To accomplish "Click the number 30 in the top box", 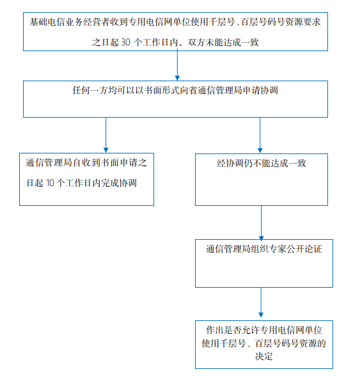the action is click(125, 42).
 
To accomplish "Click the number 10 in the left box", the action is click(50, 183).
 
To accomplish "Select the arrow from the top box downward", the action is click(178, 65).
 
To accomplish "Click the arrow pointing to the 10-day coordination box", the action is click(106, 135).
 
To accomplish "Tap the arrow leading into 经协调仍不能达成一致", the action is click(260, 135).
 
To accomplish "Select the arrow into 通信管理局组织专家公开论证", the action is click(261, 223).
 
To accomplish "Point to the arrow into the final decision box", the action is click(261, 302).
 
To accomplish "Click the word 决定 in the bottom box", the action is click(264, 356).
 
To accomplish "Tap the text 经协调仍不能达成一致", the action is click(262, 163).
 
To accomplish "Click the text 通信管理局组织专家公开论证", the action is click(264, 249).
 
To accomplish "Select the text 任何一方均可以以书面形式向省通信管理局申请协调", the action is click(175, 90).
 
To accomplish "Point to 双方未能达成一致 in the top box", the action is click(223, 42).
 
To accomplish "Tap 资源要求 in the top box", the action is click(303, 22).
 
